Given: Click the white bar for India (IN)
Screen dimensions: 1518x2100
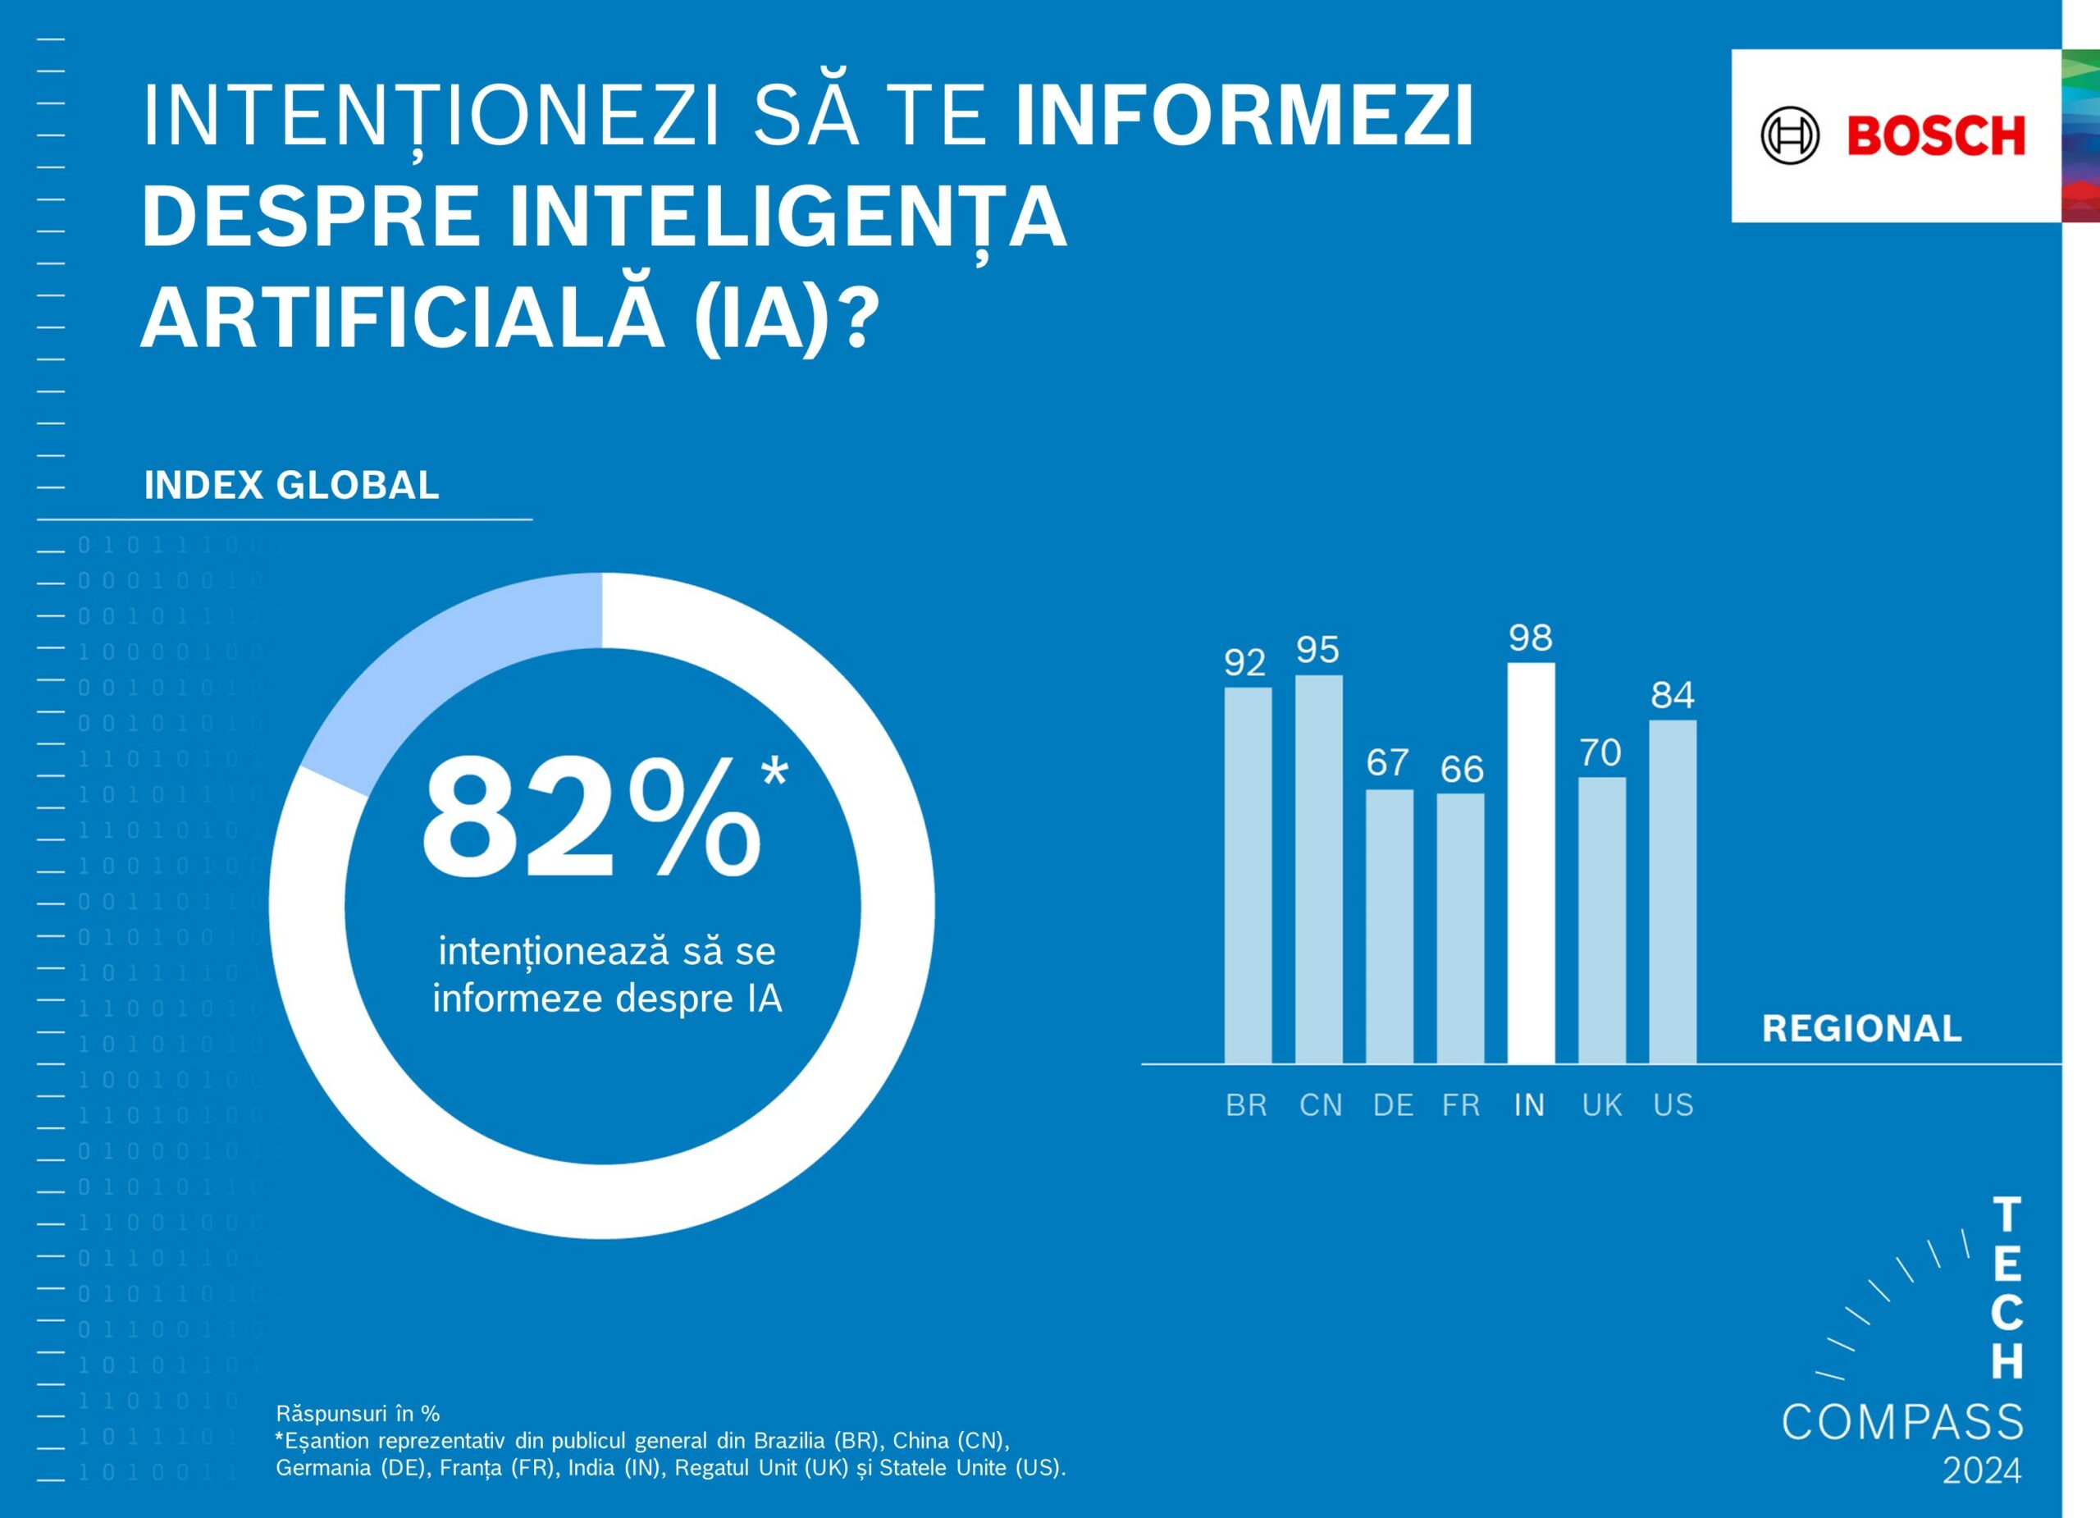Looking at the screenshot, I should click(x=1531, y=862).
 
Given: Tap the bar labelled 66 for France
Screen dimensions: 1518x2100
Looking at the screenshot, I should click(x=1460, y=927).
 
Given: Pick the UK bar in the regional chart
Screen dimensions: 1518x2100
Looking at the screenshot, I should click(x=1602, y=920).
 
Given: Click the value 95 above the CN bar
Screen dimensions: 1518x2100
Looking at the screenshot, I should click(x=1317, y=650).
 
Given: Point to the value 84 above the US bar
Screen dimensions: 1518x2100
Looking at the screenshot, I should click(x=1673, y=695).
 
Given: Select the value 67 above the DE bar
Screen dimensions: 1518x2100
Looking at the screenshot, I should click(x=1388, y=762).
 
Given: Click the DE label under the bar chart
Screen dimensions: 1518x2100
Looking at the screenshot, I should click(x=1393, y=1105).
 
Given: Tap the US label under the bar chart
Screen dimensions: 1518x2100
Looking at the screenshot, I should click(x=1673, y=1105).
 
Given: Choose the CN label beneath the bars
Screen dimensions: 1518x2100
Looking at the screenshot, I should click(x=1321, y=1105).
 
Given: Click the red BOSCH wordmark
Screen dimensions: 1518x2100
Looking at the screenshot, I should click(x=1936, y=136).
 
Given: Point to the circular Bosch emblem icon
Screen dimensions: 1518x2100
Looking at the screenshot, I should click(x=1790, y=136).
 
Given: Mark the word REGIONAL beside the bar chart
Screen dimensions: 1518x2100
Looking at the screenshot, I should click(x=1861, y=1029).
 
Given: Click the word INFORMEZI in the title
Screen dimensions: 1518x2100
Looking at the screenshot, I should click(x=1244, y=117).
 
